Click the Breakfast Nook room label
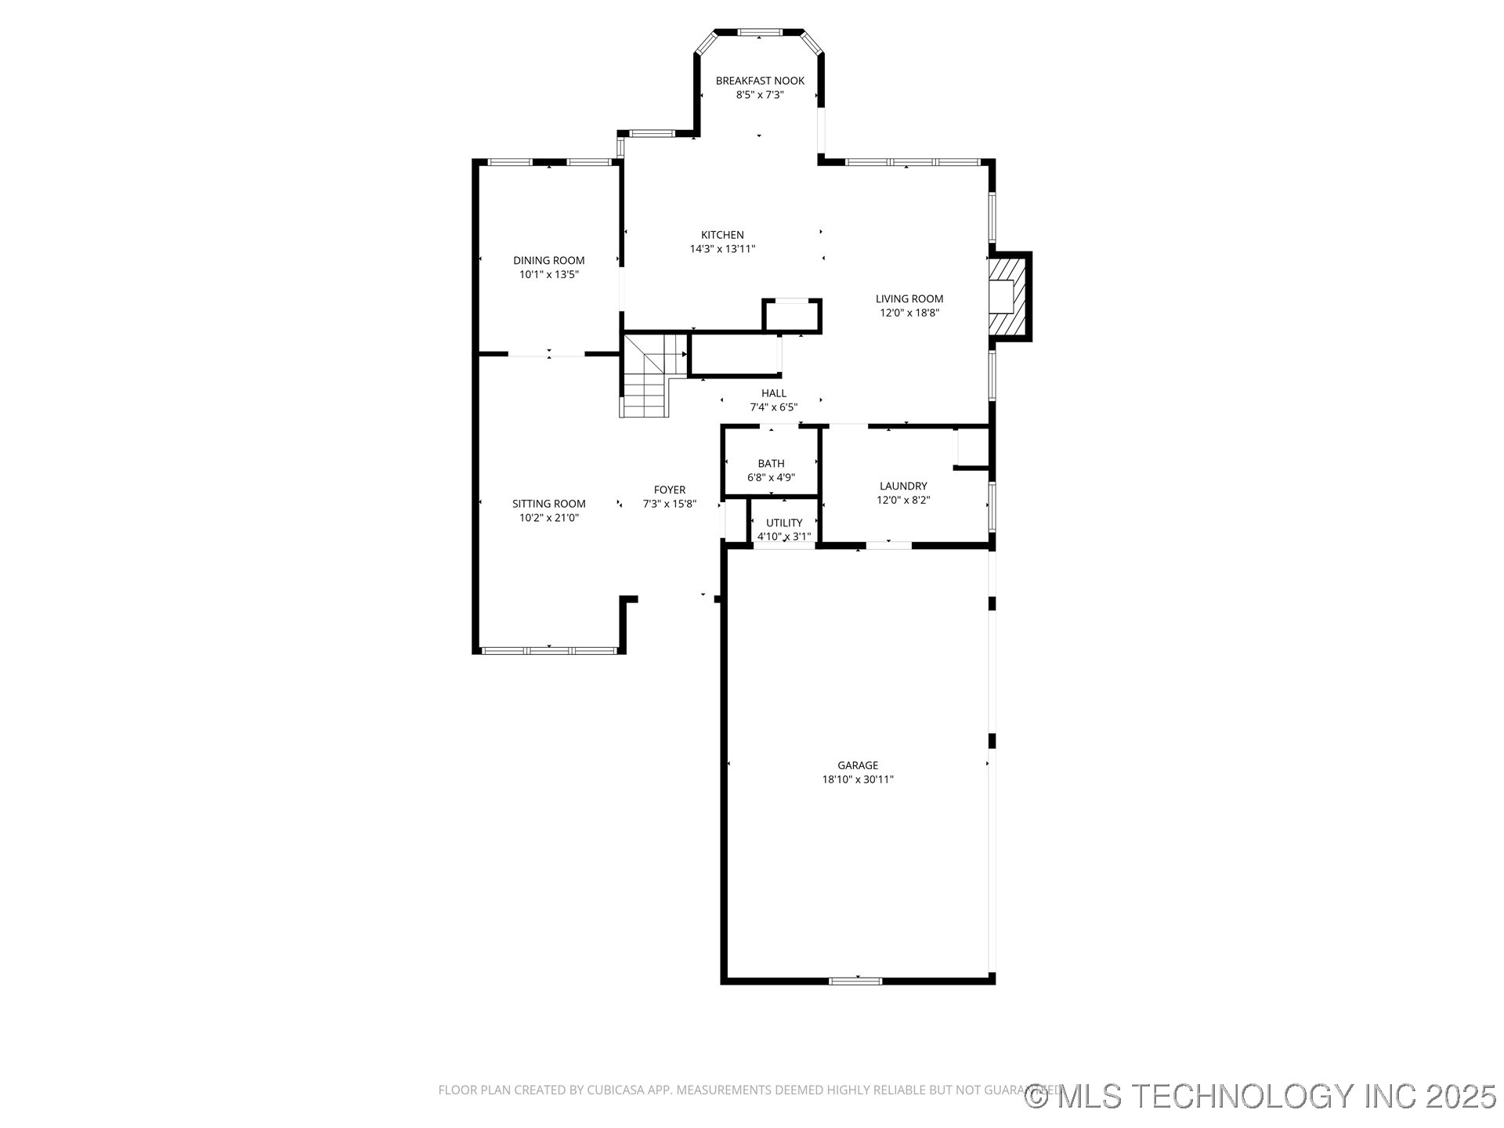pos(760,81)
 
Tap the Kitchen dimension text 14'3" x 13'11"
pos(722,249)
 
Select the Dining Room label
pos(548,260)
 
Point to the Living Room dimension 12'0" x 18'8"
pos(909,313)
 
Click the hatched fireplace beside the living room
pos(1007,296)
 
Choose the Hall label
pos(774,393)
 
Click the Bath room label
pos(771,464)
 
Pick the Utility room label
pos(784,522)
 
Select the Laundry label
pos(903,486)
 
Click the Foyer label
pos(670,490)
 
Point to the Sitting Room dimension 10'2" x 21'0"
pos(548,518)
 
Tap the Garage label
pos(858,765)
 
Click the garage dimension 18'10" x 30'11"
pos(858,779)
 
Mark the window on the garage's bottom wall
pos(855,980)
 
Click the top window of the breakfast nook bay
pos(760,32)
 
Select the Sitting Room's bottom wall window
pos(548,650)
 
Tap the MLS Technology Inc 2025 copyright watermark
pos(1261,1096)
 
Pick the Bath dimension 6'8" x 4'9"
pos(771,478)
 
